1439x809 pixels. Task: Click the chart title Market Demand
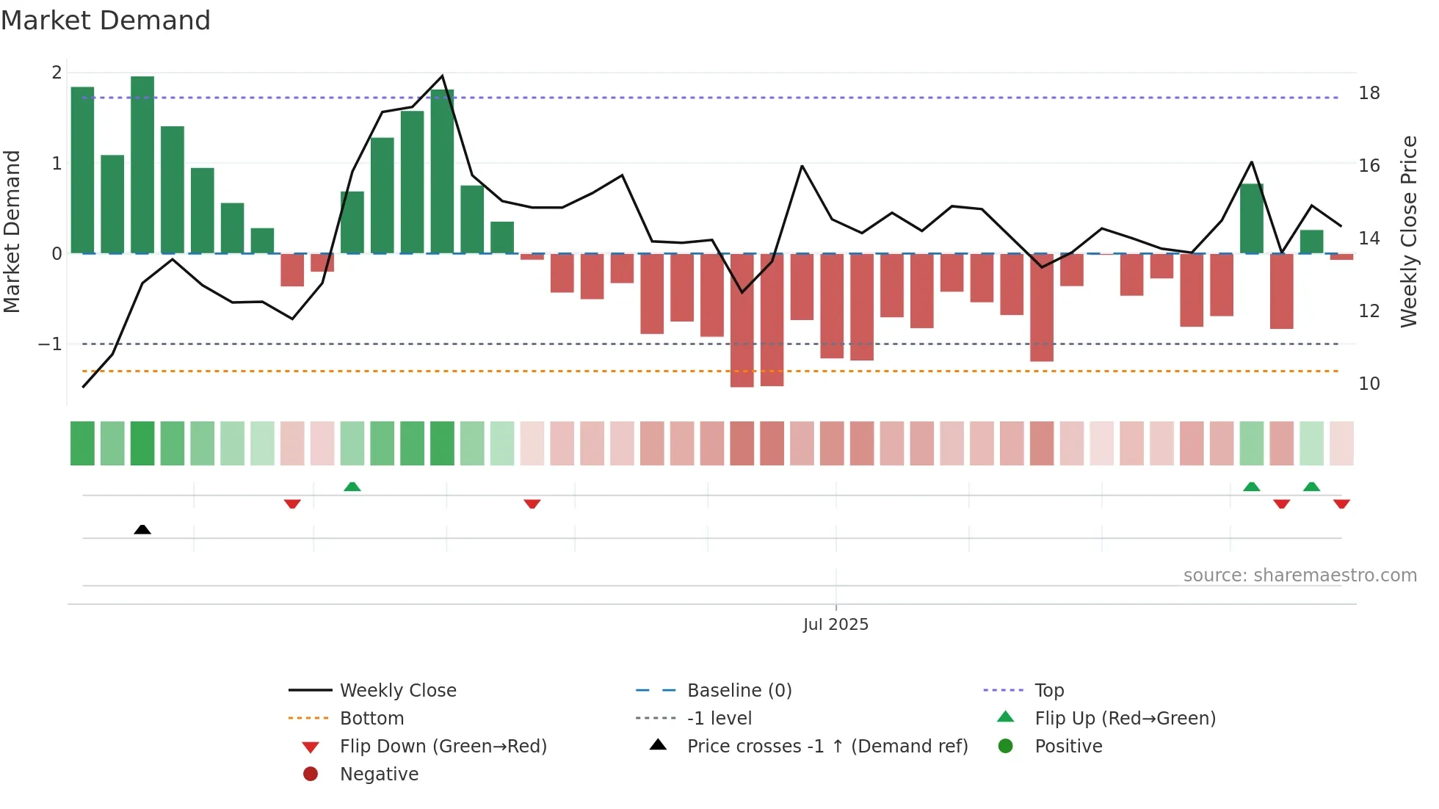(x=106, y=21)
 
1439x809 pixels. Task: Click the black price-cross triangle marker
(x=142, y=529)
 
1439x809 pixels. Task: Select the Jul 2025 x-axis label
(x=836, y=625)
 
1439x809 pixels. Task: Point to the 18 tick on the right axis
(x=1369, y=93)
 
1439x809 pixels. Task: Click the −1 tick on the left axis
(x=50, y=344)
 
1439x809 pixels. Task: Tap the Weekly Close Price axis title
(x=1408, y=231)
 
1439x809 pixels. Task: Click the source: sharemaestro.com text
(x=1300, y=576)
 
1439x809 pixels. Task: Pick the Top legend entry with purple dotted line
(x=1048, y=691)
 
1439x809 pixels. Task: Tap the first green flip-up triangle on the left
(x=352, y=487)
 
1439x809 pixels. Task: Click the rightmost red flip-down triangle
(x=1341, y=504)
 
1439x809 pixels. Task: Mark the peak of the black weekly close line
(x=442, y=76)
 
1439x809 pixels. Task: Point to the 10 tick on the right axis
(x=1369, y=384)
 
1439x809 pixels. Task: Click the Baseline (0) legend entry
(x=739, y=691)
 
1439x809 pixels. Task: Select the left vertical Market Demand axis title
(x=12, y=231)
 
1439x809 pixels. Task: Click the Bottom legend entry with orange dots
(x=371, y=719)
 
